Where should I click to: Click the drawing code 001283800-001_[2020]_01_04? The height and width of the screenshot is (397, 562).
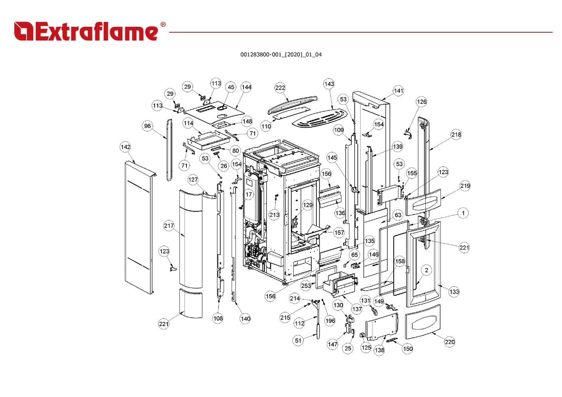281,55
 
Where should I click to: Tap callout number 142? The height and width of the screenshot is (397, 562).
126,147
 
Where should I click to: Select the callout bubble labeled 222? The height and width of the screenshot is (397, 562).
280,88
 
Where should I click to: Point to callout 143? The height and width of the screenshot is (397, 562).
329,84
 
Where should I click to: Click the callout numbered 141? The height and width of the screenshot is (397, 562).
398,90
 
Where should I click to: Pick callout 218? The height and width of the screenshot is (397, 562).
456,134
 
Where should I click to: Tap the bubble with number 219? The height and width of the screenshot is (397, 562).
465,186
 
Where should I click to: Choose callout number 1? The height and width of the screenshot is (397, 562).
463,213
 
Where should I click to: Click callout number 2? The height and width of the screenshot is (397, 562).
426,270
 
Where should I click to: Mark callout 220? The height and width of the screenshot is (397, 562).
450,342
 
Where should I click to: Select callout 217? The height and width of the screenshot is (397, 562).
169,226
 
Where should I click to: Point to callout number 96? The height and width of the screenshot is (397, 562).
147,126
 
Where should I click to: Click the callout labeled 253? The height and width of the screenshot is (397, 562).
306,285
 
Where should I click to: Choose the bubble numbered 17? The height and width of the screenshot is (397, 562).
249,195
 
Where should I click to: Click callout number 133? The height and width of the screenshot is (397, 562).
454,292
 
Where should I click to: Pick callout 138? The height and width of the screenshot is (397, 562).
379,350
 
